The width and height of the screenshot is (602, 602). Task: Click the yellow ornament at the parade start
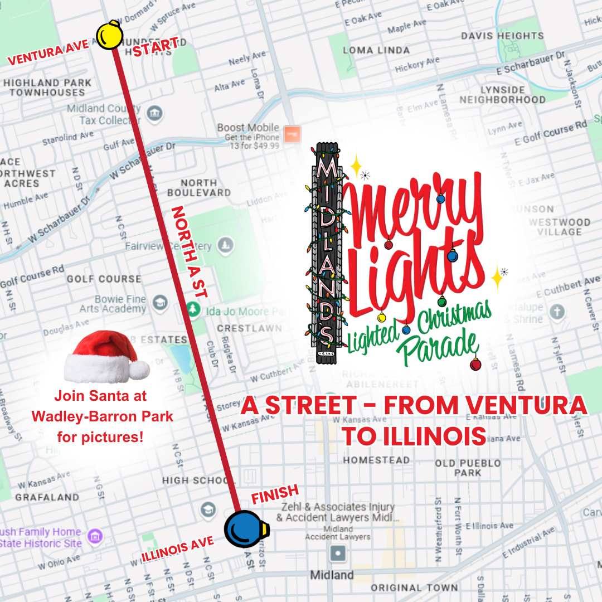tap(109, 36)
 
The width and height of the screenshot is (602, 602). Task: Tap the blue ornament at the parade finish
tap(246, 529)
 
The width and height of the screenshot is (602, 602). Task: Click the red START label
tap(155, 46)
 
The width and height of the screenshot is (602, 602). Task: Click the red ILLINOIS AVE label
tap(177, 549)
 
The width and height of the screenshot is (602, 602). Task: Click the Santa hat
tap(106, 357)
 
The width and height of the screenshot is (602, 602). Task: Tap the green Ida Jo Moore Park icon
tap(193, 310)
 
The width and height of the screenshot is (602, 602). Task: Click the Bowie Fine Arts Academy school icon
tap(160, 303)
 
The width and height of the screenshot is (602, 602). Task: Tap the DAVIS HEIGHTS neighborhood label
tap(502, 36)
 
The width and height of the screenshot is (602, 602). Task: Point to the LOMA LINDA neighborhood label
tap(376, 50)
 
